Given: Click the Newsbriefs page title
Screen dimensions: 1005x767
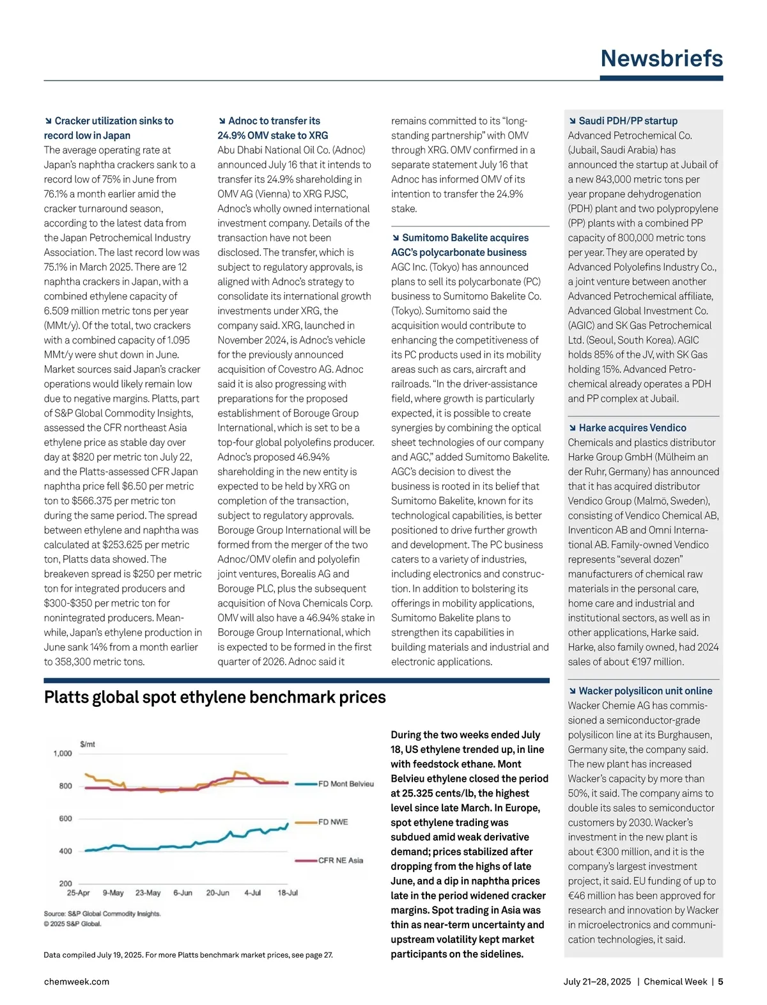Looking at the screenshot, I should point(662,58).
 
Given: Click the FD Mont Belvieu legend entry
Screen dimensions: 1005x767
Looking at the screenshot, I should point(345,784).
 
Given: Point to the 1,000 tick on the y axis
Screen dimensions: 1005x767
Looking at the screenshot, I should point(63,754).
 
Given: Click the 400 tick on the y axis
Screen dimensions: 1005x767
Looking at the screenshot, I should point(65,851).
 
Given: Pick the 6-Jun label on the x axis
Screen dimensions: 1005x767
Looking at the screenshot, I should point(183,893).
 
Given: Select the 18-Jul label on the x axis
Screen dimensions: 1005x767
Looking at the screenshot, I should point(288,893).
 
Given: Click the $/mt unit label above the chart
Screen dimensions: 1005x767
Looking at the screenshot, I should point(88,744).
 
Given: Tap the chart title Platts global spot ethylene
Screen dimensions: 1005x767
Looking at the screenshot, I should point(215,697).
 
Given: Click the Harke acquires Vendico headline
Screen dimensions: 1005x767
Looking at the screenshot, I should point(632,428).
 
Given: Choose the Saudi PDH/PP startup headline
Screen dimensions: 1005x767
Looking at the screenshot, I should point(628,121).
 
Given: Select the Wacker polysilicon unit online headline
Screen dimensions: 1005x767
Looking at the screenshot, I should point(645,691).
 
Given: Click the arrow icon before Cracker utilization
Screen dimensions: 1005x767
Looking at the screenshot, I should point(48,121).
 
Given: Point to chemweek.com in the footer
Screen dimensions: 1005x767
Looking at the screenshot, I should point(77,981).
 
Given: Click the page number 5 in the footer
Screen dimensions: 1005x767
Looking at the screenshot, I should point(720,981).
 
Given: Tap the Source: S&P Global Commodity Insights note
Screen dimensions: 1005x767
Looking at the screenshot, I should point(102,914).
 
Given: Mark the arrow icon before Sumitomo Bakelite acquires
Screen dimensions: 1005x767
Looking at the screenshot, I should point(396,238).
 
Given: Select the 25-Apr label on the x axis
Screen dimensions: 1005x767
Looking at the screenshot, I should point(79,893).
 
